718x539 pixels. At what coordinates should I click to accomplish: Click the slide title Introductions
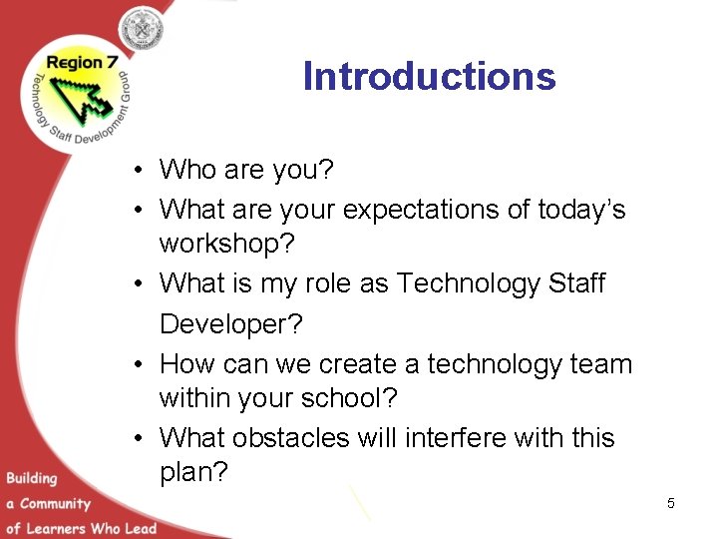tap(429, 77)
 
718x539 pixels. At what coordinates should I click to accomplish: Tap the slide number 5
tap(671, 504)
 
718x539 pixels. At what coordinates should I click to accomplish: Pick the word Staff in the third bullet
tap(576, 283)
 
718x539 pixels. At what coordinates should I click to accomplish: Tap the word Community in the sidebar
tap(55, 504)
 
